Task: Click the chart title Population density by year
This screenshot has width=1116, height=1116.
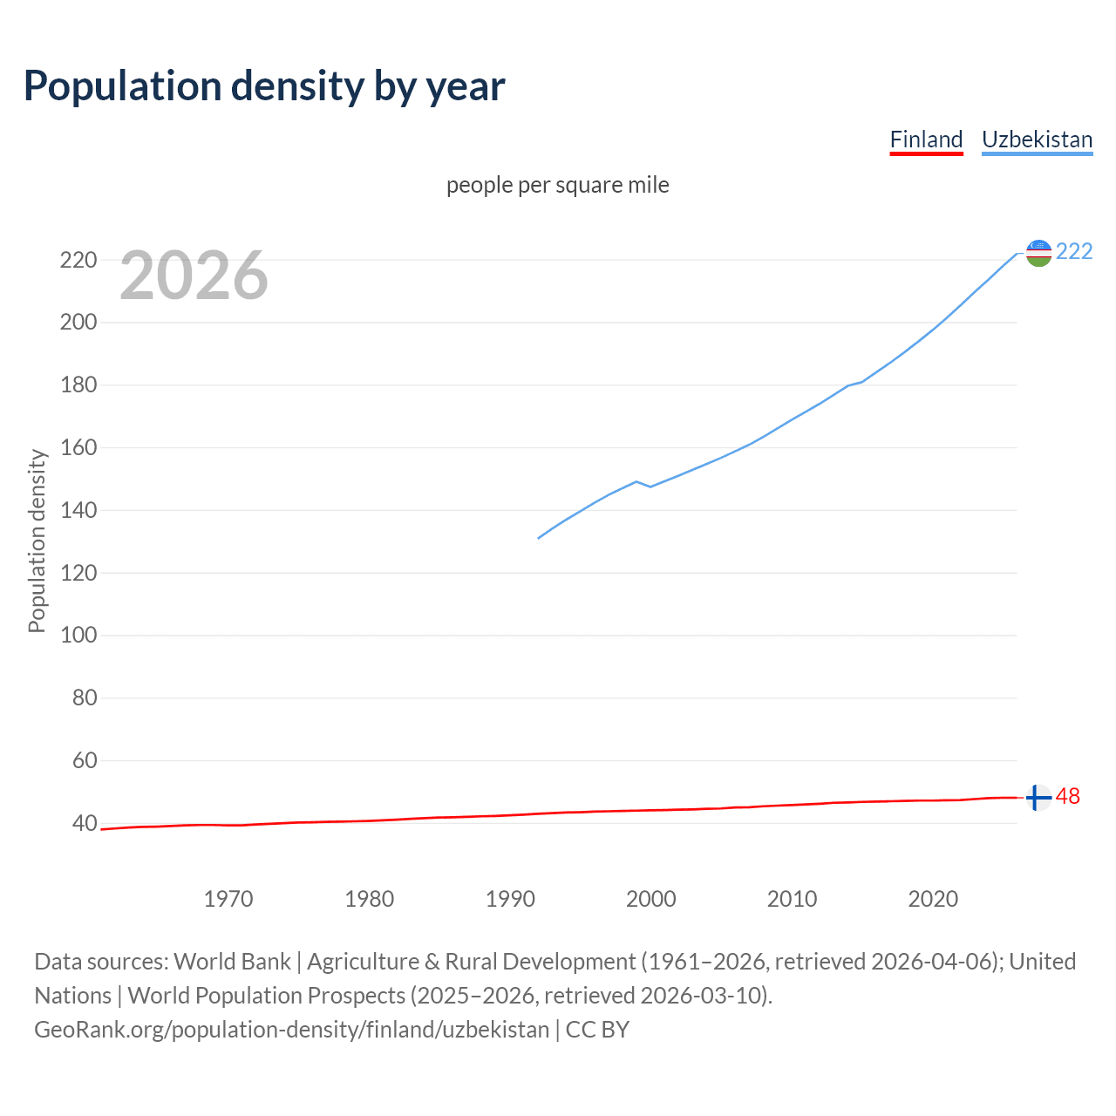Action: pos(264,85)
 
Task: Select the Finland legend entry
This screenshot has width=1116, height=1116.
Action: pos(926,139)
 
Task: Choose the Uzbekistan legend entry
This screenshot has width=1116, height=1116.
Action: pos(1037,139)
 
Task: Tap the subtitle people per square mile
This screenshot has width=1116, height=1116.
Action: pos(558,185)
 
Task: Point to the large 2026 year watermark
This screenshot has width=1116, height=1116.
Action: pos(194,276)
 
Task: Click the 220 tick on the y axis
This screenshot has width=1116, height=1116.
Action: pos(78,260)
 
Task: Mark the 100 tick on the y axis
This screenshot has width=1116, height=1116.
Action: pos(78,635)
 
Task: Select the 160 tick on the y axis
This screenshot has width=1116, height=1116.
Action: pos(78,447)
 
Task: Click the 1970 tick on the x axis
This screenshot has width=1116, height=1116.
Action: pos(228,898)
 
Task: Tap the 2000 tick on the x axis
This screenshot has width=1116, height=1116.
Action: pos(650,898)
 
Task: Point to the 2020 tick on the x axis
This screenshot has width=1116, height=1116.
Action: pos(933,898)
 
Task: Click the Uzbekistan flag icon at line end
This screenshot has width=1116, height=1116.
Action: pos(1038,253)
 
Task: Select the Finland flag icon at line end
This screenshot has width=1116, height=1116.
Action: pos(1038,797)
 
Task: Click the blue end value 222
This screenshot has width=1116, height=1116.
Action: pos(1074,251)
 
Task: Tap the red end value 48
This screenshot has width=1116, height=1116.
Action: pos(1068,796)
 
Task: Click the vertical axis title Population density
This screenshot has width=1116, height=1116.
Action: pos(37,541)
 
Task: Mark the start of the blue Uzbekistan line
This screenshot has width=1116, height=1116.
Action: pos(539,538)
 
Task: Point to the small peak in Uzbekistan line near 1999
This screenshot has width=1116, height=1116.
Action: pos(636,481)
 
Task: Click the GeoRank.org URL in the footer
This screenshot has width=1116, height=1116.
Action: pos(292,1029)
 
